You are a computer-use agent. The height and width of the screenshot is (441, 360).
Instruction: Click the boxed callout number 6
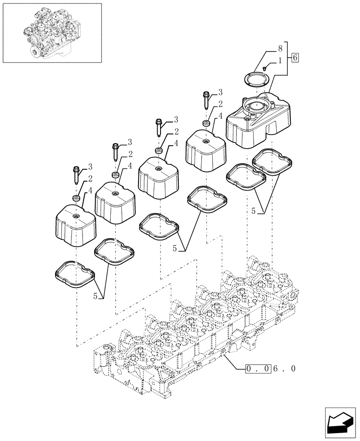295,57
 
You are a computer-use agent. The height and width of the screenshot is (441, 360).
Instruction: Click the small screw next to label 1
264,68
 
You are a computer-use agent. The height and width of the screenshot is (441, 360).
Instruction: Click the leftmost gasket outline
75,275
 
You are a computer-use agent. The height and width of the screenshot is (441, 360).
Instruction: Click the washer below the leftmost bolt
76,198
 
